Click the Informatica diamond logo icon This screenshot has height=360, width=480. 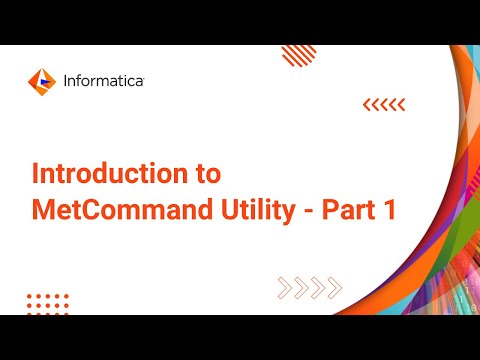pos(41,79)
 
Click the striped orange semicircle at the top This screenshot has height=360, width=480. pos(299,54)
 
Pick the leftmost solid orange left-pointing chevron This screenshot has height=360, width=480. pos(367,103)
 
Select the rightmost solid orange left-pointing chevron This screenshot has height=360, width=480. pos(401,103)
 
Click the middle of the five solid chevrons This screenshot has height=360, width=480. pos(384,103)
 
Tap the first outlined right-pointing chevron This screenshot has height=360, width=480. pos(284,290)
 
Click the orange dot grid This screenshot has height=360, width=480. pos(46,302)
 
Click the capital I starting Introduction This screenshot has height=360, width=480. pos(36,173)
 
